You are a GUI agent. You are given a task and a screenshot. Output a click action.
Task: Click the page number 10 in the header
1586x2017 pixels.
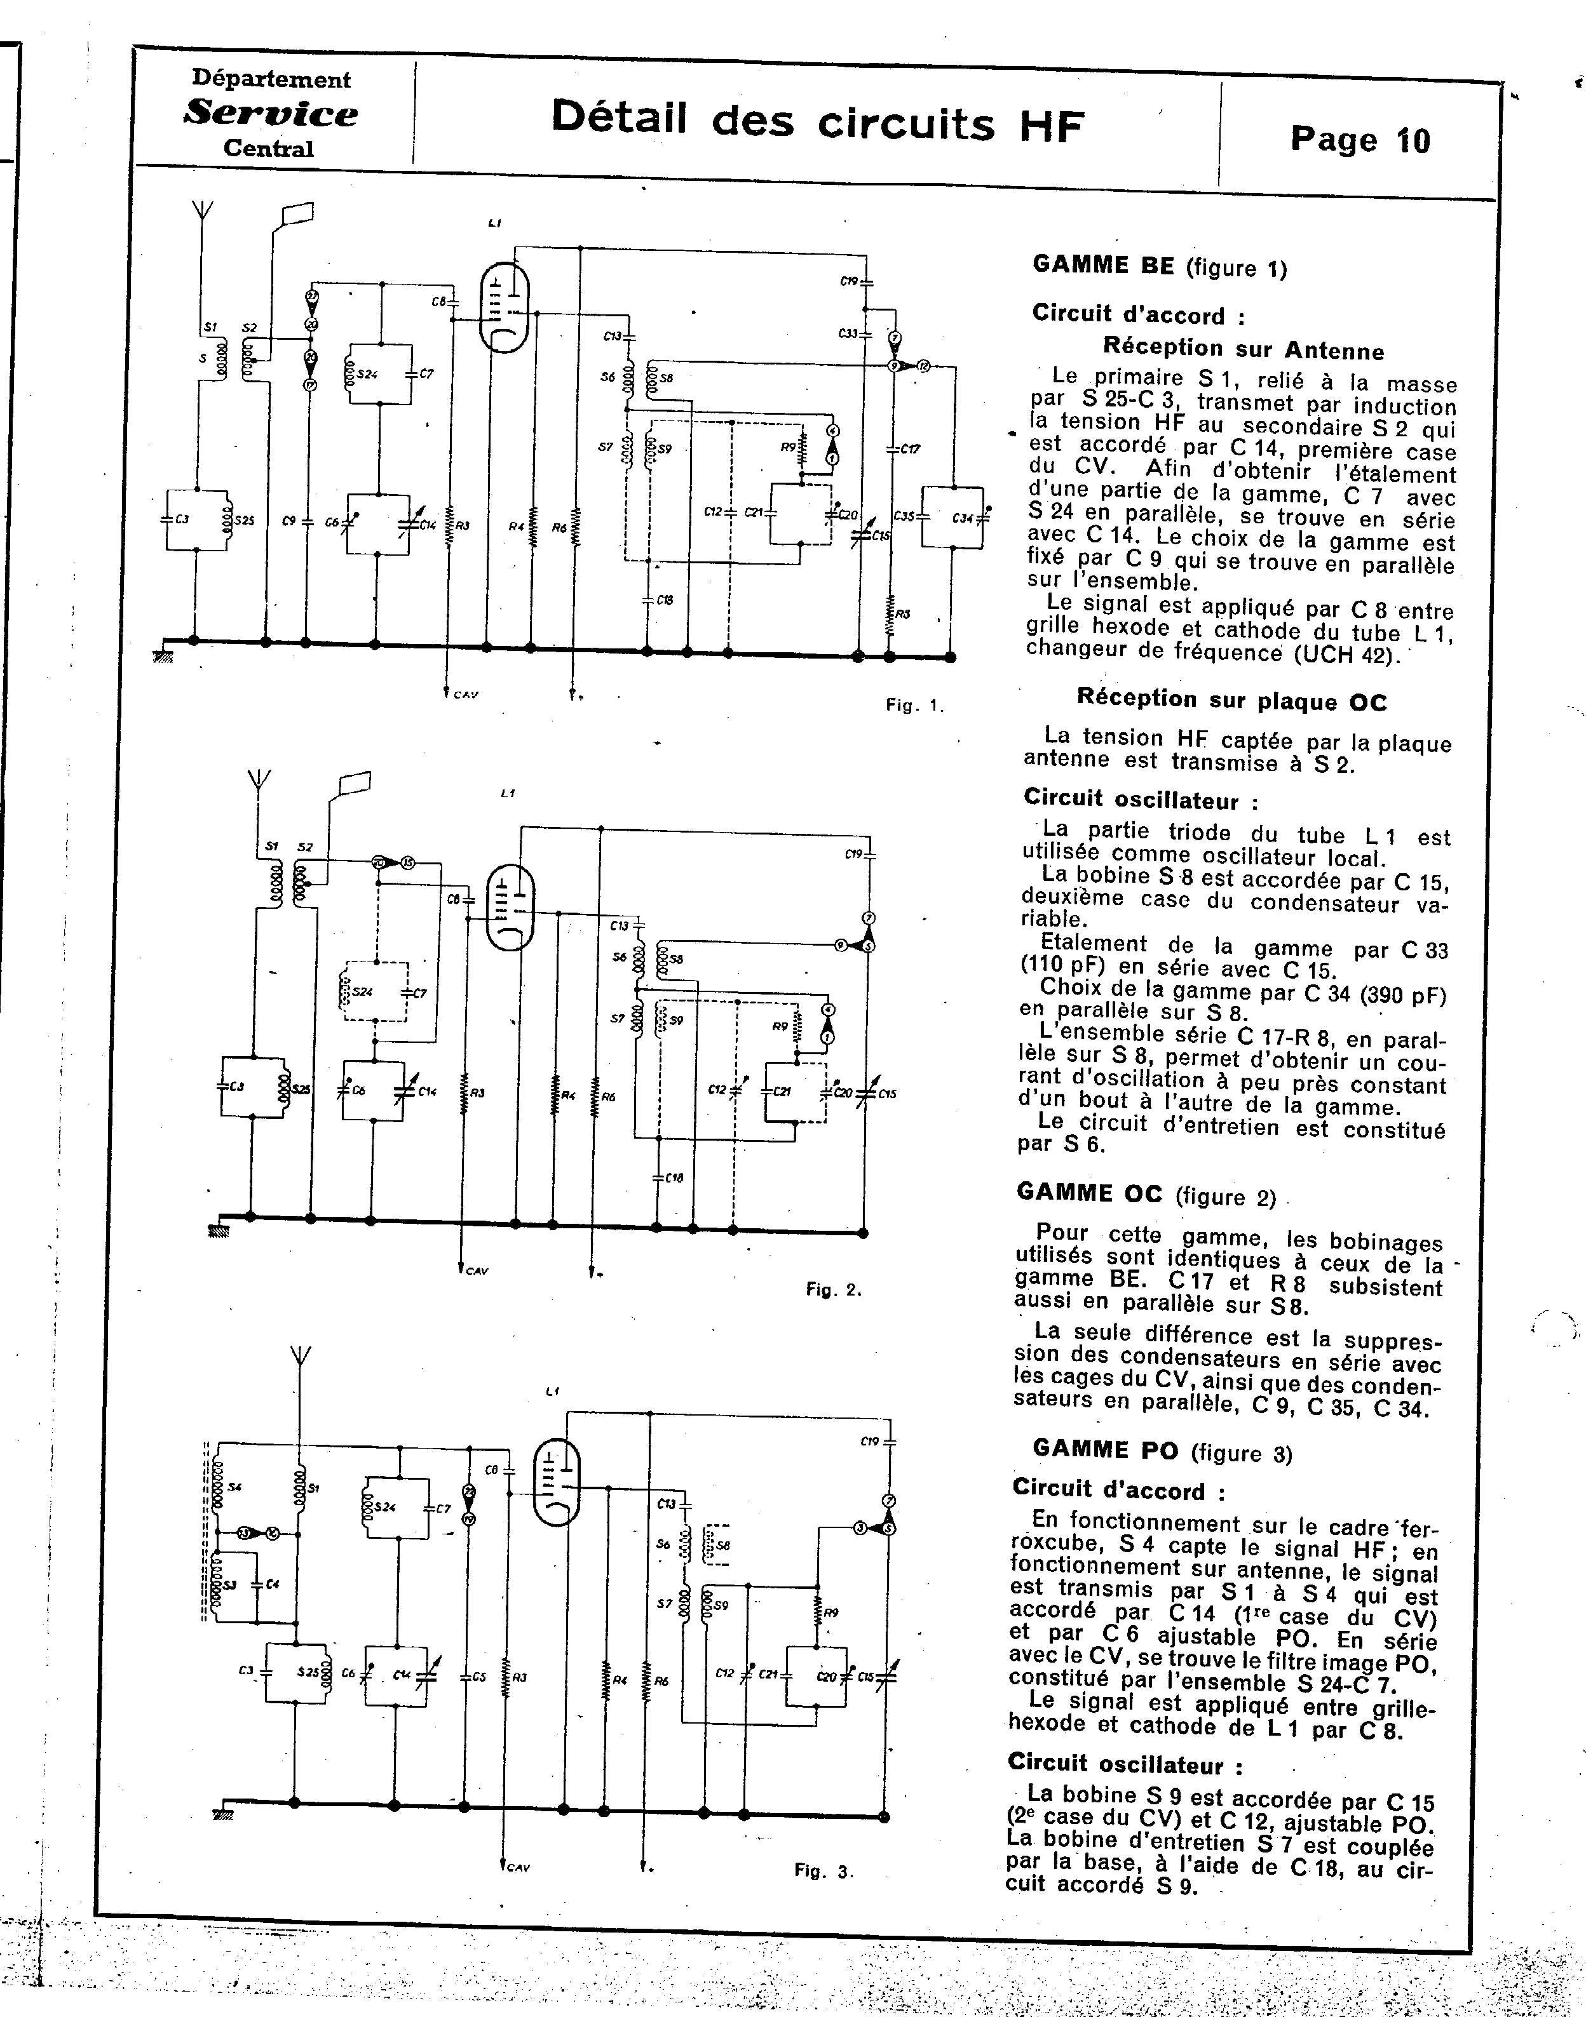point(1411,140)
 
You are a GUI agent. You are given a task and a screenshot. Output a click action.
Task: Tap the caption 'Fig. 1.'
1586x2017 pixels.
point(914,706)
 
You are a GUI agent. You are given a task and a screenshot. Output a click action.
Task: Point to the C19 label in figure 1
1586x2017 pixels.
point(847,279)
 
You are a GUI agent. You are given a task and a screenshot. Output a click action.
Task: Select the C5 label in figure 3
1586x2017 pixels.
point(478,1677)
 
